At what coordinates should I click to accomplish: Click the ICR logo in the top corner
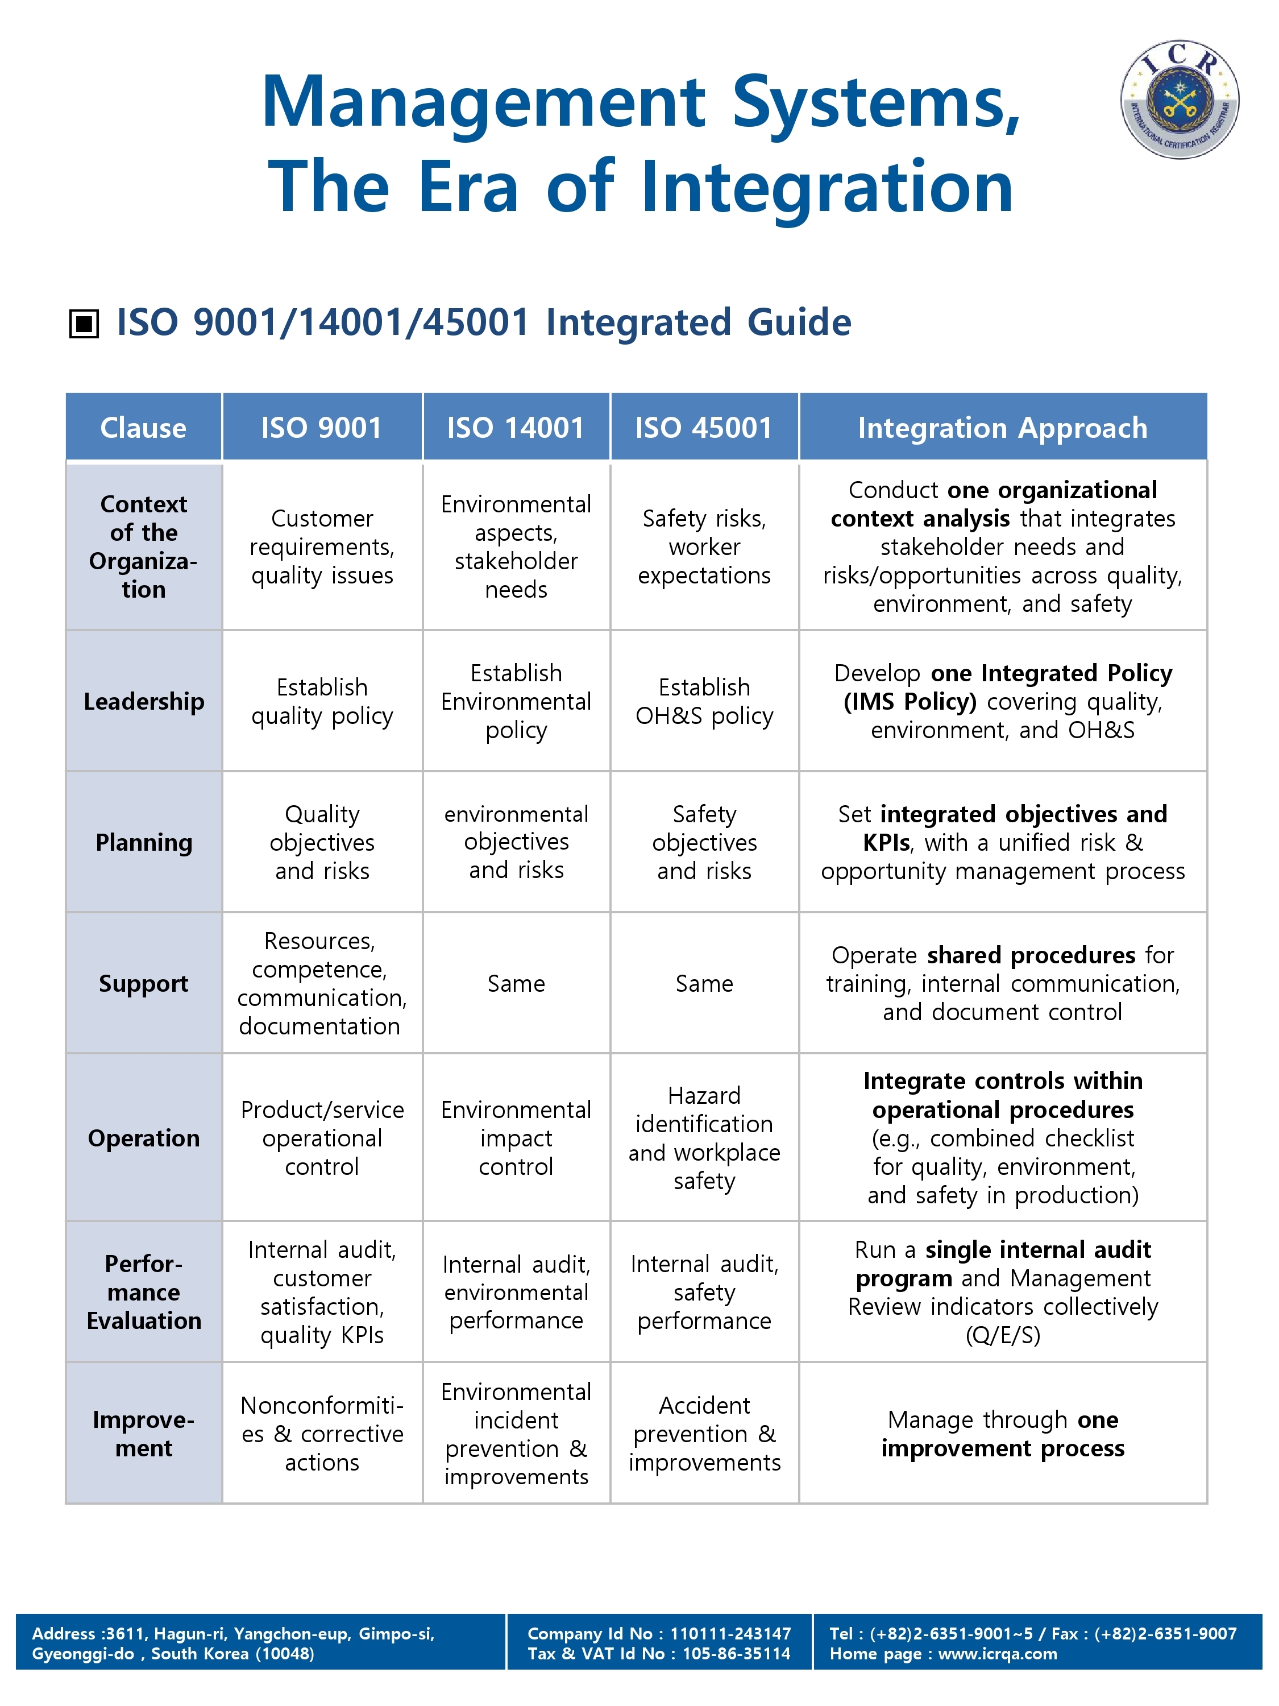(1179, 100)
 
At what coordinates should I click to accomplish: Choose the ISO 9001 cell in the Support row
(322, 983)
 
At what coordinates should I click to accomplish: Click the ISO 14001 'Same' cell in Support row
(516, 983)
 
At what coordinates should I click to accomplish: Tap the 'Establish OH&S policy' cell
(704, 701)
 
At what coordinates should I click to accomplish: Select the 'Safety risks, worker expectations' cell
(704, 547)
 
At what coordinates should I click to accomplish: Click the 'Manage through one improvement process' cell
(1002, 1434)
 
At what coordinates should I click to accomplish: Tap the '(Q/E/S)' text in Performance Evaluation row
(1002, 1335)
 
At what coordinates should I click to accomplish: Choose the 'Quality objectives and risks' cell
(322, 842)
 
